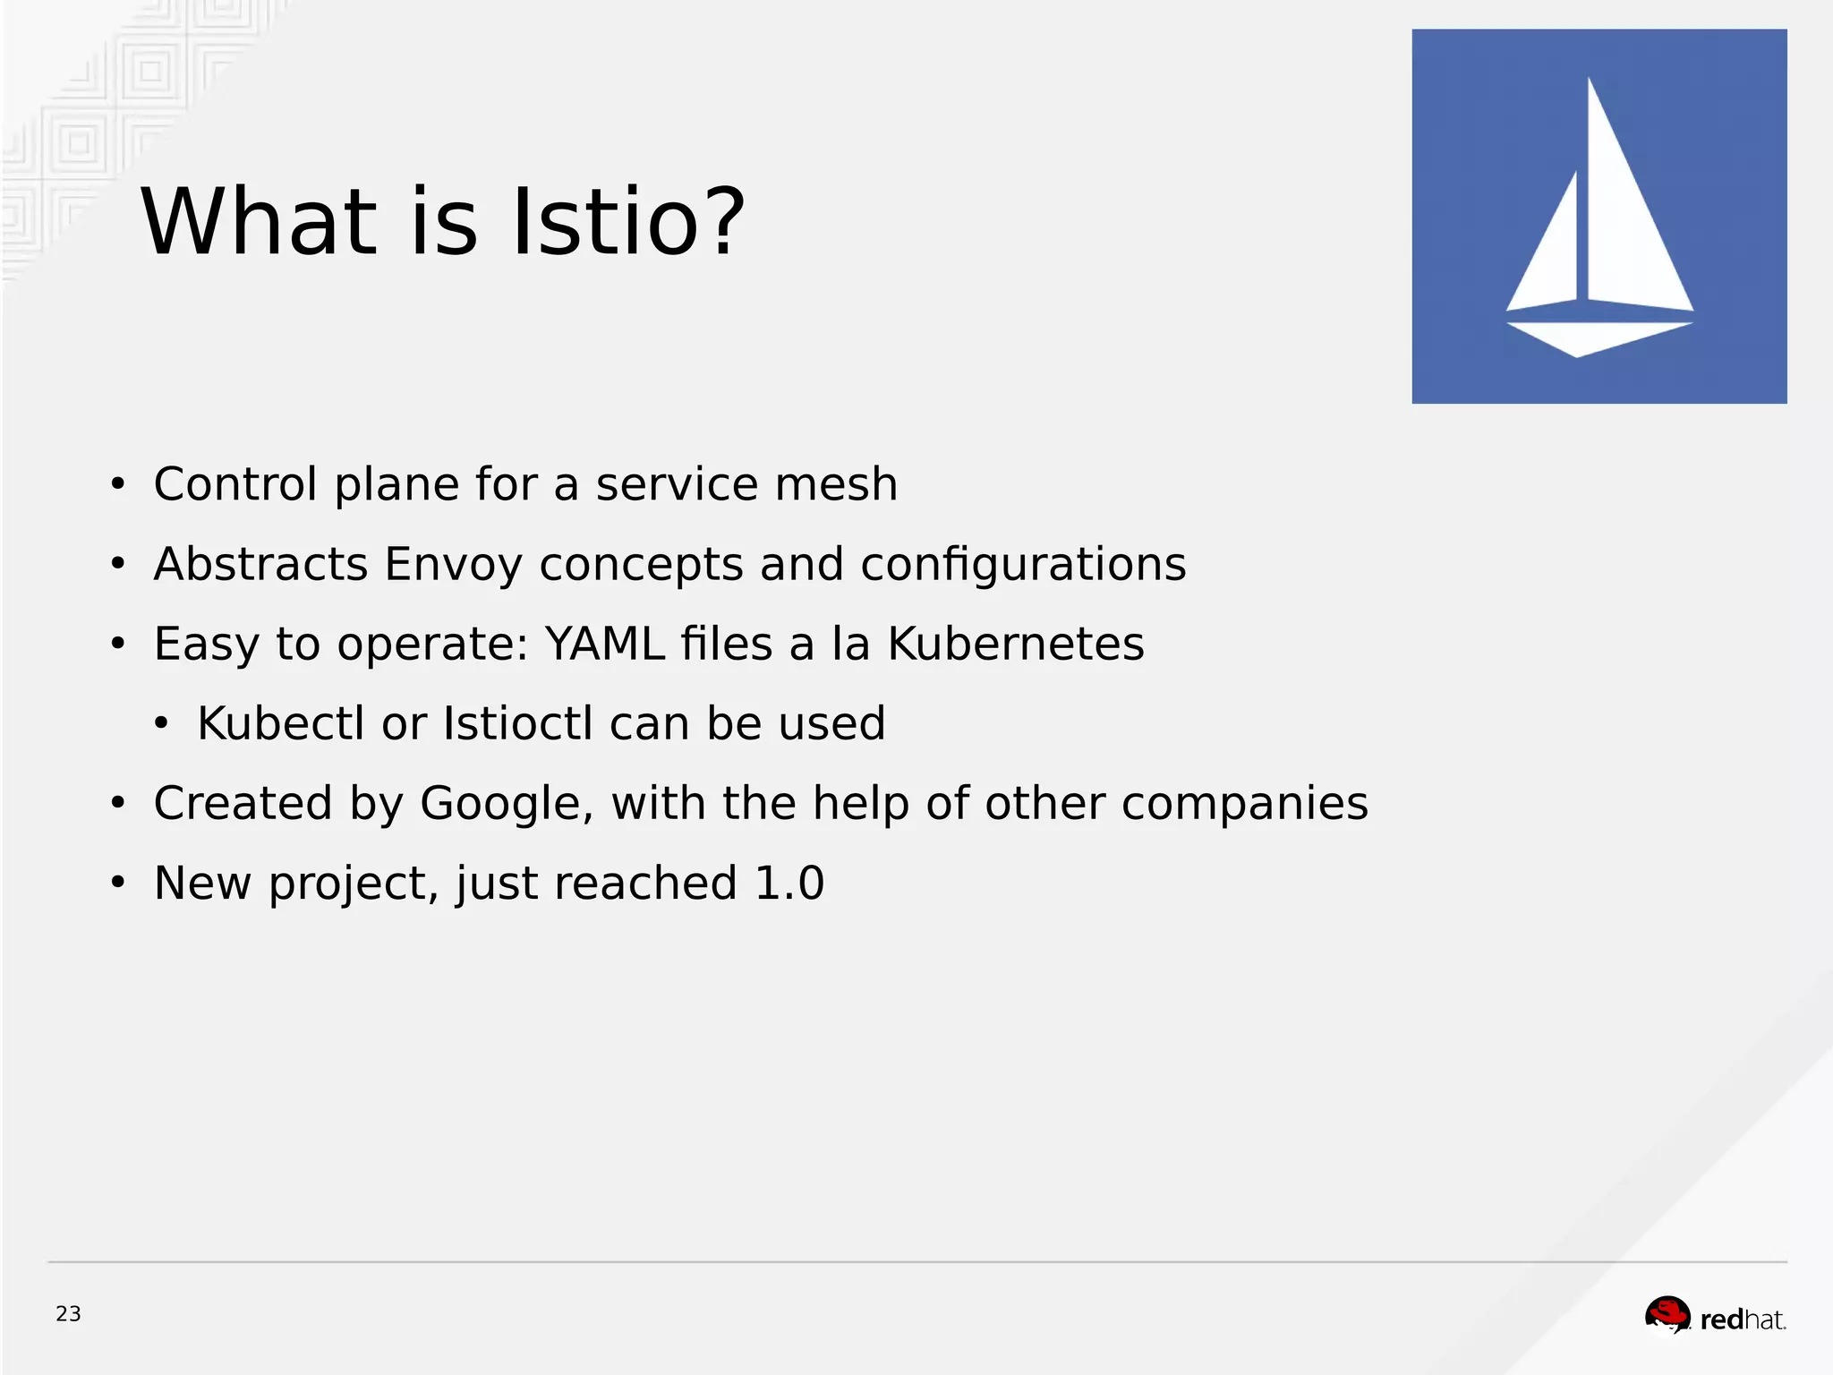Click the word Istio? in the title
pos(628,222)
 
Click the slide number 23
pos(68,1313)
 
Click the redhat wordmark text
pos(1742,1319)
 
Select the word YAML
pos(605,644)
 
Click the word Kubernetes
pos(1015,644)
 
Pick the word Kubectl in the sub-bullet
pos(280,723)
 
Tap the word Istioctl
pos(517,723)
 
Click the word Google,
pos(507,803)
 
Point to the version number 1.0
pos(789,883)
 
